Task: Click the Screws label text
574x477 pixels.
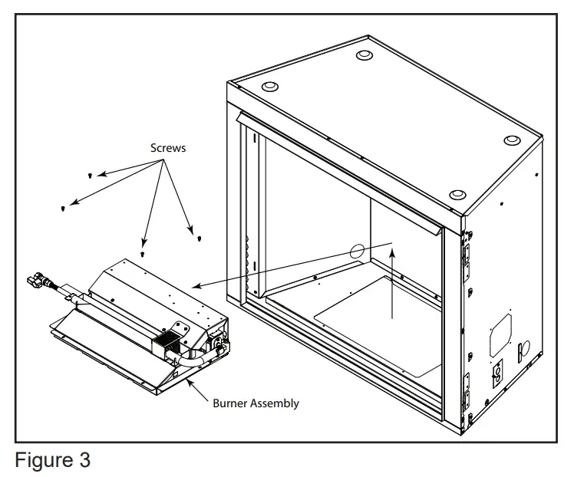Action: [167, 148]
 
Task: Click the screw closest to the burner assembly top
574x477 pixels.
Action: [143, 252]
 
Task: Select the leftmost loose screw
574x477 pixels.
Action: [62, 207]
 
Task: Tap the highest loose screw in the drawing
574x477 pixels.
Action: [91, 175]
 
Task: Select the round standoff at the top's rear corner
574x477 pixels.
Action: [364, 55]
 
